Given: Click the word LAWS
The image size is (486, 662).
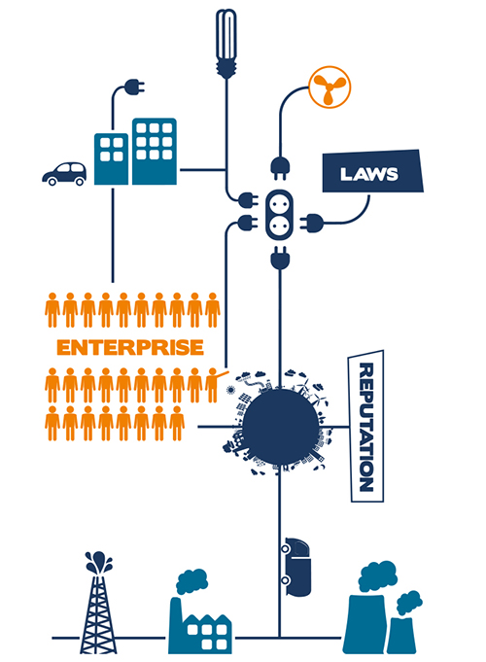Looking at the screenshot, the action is (368, 174).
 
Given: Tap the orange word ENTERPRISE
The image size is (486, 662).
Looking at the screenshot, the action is (130, 347).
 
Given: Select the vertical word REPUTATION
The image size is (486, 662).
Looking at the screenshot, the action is (366, 427).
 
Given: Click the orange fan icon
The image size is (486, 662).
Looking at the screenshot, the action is (330, 87).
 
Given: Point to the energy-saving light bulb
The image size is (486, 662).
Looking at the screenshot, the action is (226, 43).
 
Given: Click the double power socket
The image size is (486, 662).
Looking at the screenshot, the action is (279, 215).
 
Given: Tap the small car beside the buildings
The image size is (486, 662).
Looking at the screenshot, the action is (64, 174).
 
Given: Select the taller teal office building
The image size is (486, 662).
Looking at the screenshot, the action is (155, 151).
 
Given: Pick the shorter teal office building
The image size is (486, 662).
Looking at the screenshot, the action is (111, 158).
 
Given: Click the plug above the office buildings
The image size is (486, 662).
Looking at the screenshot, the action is (133, 87).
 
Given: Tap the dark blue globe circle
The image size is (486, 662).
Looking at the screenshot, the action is (280, 427).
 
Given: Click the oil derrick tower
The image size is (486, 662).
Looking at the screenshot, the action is (98, 603).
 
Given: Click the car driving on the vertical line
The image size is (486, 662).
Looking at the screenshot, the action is (296, 567).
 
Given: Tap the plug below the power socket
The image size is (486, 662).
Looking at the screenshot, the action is (280, 257).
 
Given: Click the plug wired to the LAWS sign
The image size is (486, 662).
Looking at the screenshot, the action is (312, 223).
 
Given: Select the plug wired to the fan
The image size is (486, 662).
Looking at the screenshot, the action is (280, 168).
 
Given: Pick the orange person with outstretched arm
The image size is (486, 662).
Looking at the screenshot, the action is (213, 385).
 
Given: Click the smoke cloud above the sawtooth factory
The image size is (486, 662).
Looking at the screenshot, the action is (191, 581).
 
